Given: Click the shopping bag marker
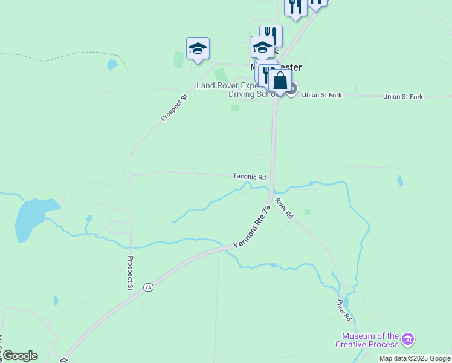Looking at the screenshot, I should [280, 80].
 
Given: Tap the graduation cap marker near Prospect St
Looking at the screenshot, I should [198, 48].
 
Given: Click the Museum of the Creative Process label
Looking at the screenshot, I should [370, 340].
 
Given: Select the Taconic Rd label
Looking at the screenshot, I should [250, 177].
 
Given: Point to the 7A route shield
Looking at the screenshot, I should [149, 287].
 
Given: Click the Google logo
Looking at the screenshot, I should [20, 355].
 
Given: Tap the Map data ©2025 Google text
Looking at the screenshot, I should [415, 358].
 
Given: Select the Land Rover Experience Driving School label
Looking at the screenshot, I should [239, 90].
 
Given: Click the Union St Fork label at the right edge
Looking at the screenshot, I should [403, 97].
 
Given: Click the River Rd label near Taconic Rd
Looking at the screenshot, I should [284, 208].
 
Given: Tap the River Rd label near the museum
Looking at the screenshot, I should [344, 310].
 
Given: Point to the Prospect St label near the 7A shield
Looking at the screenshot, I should [130, 273].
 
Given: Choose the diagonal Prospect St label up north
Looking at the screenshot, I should [175, 107].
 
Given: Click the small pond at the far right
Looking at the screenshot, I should [400, 180].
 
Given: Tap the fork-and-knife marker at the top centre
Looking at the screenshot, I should [295, 8].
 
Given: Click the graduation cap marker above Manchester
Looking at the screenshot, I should [262, 47].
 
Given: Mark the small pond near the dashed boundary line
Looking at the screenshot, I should [112, 64].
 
